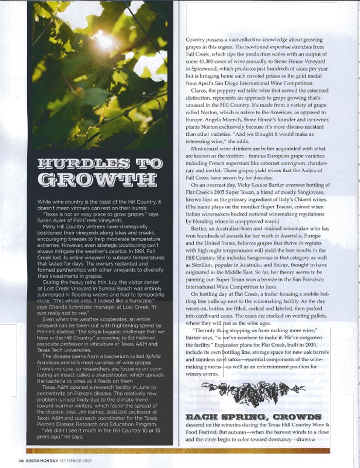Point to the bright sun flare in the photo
click(x=102, y=40)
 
